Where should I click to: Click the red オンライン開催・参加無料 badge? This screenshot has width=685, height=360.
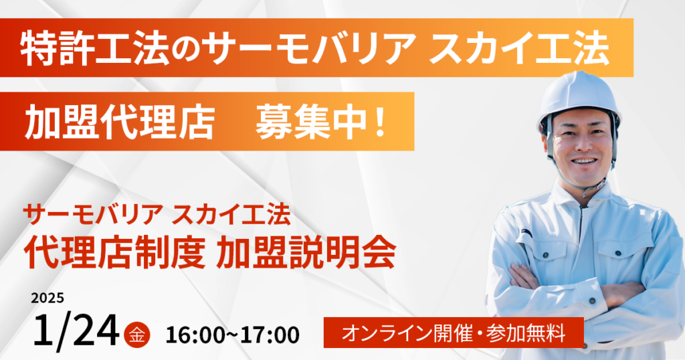point(454,333)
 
